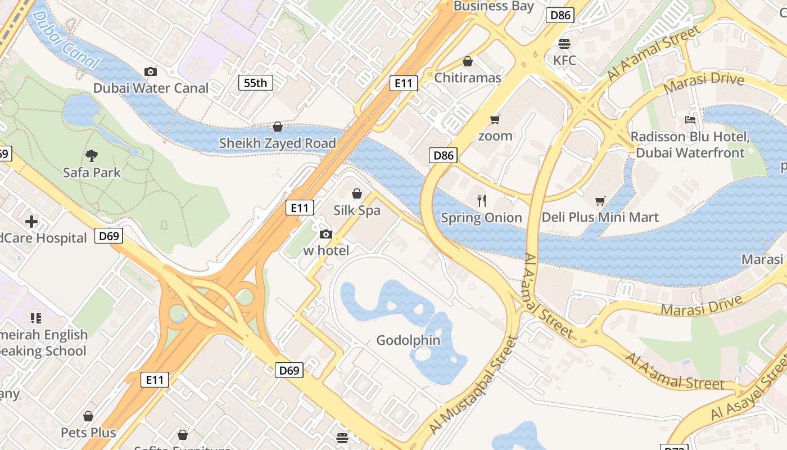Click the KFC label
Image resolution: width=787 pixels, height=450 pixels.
(564, 60)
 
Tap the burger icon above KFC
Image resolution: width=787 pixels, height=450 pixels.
(564, 44)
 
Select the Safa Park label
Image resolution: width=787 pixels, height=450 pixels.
(92, 172)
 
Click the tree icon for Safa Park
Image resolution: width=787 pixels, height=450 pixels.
(92, 155)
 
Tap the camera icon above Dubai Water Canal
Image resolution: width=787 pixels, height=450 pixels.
(151, 71)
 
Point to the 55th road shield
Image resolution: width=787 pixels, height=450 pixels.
(256, 83)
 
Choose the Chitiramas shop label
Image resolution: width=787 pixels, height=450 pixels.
(468, 78)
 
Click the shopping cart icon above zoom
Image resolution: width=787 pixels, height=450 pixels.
(495, 119)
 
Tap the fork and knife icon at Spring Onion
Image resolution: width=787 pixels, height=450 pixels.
(481, 201)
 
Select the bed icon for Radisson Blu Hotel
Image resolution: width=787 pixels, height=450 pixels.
(690, 120)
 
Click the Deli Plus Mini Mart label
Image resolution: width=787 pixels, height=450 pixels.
(600, 217)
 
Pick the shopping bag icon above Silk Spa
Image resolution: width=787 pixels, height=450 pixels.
(356, 194)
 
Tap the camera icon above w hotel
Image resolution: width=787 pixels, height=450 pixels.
(326, 235)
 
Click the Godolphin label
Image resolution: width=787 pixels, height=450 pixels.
(408, 340)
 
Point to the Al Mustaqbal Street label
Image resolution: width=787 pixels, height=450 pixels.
(473, 385)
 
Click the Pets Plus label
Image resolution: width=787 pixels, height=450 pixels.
(88, 433)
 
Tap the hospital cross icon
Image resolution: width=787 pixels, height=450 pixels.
(31, 222)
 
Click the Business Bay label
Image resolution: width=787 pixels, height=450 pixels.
(494, 6)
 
